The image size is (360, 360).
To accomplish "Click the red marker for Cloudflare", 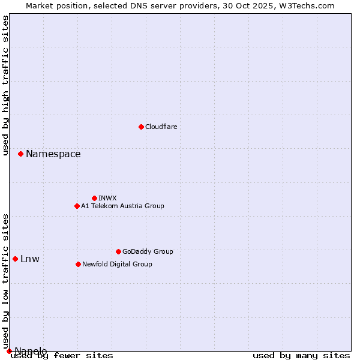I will pos(141,127).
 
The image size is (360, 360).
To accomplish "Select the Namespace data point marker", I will pos(20,154).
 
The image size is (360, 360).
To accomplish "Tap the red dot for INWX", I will pos(94,198).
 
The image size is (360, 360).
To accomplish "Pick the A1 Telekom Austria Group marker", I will pos(77,206).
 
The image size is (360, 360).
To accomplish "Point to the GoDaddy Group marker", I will pos(118,251).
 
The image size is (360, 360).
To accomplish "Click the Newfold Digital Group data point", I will pos(78,264).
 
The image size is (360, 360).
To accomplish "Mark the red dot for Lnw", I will pos(15,259).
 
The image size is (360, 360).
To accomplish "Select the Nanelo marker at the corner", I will pos(9,351).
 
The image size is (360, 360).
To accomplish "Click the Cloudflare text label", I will pos(161,127).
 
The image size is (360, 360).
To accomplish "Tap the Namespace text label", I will pos(53,154).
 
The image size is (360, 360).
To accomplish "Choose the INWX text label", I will pos(107,198).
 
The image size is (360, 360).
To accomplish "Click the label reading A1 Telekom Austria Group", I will pos(122,206).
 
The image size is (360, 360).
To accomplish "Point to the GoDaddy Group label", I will pos(148,251).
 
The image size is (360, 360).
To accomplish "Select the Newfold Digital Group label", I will pos(117,264).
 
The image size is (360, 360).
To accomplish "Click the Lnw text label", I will pos(30,259).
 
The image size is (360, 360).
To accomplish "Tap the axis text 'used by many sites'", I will pos(301,356).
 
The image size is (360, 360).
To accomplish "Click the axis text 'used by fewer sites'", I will pos(62,356).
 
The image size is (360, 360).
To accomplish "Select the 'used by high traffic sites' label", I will pos(5,85).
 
